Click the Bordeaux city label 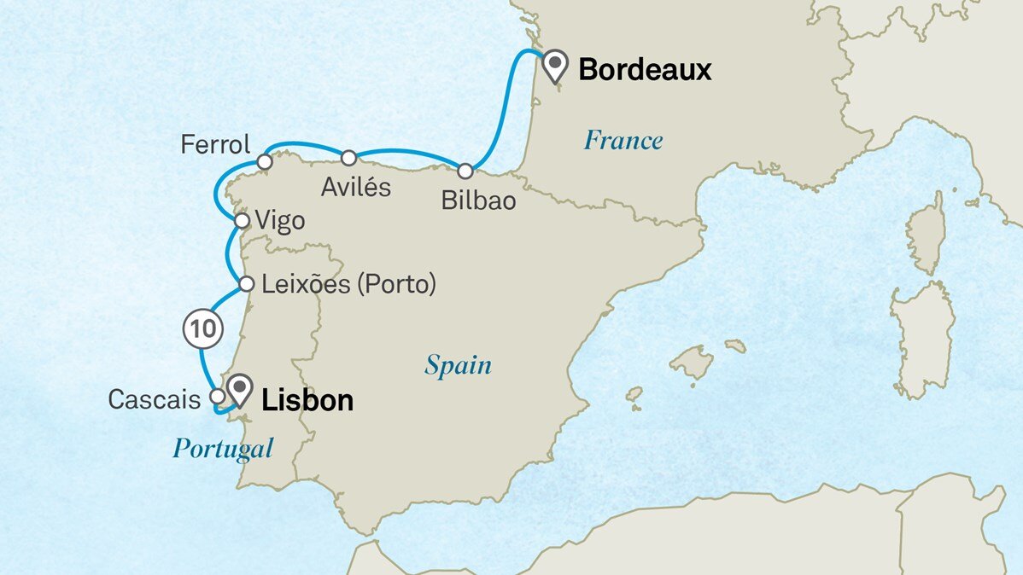[645, 69]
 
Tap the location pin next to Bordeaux [557, 64]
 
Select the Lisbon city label [307, 400]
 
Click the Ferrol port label [215, 144]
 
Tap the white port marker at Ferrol [265, 161]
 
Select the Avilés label [356, 187]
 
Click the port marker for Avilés [348, 158]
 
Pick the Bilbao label [479, 200]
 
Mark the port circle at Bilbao [465, 171]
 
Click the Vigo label [280, 222]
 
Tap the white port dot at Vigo [242, 221]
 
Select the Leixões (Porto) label [348, 284]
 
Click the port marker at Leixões [246, 284]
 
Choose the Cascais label [154, 398]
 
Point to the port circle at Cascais [217, 397]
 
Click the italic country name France [623, 141]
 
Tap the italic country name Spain [458, 366]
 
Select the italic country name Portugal [223, 448]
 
